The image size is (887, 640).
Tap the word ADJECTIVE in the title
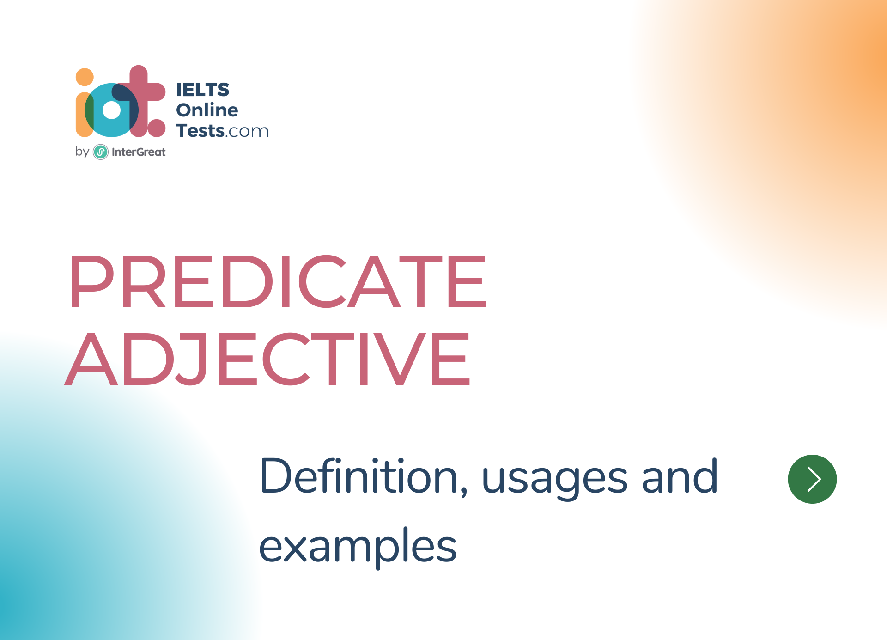point(267,359)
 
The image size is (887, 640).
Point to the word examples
point(358,548)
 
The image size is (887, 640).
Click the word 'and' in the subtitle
point(680,476)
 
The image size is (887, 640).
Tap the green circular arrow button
point(812,479)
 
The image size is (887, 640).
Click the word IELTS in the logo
point(203,90)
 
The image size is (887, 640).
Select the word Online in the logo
point(207,110)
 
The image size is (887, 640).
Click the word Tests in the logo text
point(200,131)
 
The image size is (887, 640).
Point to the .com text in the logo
point(246,132)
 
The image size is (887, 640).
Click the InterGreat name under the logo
point(139,152)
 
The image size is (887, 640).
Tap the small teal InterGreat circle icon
point(101,152)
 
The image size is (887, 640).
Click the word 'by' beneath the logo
point(82,152)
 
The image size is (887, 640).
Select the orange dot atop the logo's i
point(85,77)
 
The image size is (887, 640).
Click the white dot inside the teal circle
point(111,110)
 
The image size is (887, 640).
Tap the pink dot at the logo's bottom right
point(156,128)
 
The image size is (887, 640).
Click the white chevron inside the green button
point(814,479)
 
